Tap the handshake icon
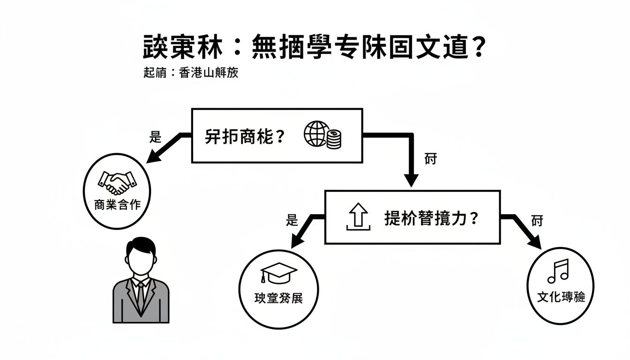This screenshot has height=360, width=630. (x=116, y=183)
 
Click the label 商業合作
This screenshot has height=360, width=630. (x=117, y=205)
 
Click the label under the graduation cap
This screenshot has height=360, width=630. (x=278, y=298)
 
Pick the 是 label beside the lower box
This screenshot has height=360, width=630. (x=292, y=220)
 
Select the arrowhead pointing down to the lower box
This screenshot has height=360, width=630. (x=411, y=180)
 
